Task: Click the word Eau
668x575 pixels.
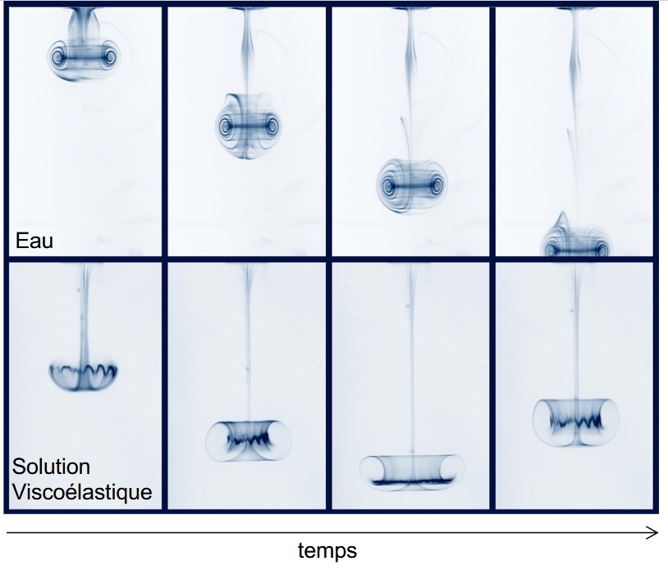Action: (x=34, y=241)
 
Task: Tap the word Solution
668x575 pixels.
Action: (x=51, y=467)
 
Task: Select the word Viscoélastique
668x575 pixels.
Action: (x=82, y=492)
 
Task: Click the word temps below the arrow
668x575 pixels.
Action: (x=327, y=550)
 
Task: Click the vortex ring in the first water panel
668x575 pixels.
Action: (x=84, y=60)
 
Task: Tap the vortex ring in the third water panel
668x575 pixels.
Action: (x=412, y=186)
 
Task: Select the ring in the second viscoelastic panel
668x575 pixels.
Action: (x=249, y=441)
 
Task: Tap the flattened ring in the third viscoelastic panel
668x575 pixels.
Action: (x=412, y=472)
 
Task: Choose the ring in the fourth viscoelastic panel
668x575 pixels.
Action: (x=575, y=423)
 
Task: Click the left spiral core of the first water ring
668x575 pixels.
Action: (x=57, y=57)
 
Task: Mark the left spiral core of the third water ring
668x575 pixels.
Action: (x=387, y=186)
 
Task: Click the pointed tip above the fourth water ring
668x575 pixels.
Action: (x=563, y=213)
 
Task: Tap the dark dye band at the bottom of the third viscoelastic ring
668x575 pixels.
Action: (x=411, y=482)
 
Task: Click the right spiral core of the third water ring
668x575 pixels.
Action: (x=437, y=186)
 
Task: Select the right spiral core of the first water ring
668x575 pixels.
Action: (x=111, y=57)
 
